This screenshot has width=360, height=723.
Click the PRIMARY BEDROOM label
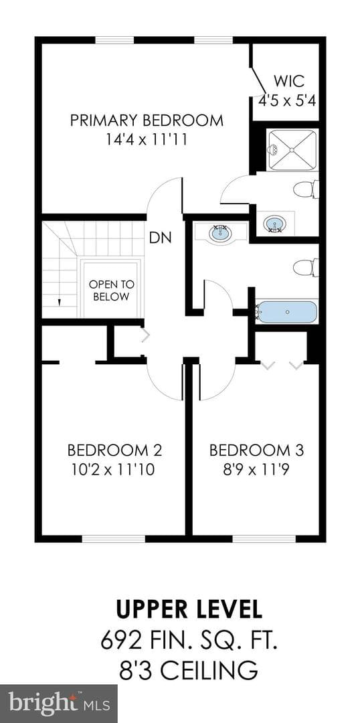[x=147, y=120]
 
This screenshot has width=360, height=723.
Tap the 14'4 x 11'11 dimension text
[x=147, y=139]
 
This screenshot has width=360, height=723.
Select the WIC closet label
[x=288, y=81]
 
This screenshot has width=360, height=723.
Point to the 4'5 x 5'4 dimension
[x=286, y=100]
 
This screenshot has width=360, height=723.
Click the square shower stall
[x=292, y=151]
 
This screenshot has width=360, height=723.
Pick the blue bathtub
[x=286, y=312]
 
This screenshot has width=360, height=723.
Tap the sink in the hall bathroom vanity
[x=220, y=234]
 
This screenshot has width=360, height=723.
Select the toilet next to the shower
[x=306, y=189]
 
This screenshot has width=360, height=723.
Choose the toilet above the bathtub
[x=306, y=267]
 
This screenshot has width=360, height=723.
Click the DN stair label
[x=161, y=238]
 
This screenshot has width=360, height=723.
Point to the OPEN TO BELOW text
[x=109, y=291]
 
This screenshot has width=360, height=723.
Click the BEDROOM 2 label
[x=115, y=450]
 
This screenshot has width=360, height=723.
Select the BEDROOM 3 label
[x=257, y=450]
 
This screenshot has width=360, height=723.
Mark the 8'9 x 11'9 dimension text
[x=257, y=470]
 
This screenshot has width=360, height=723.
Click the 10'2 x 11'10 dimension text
[x=113, y=470]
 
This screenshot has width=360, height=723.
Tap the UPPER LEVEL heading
[x=189, y=609]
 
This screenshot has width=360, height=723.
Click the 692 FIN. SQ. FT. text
[x=189, y=641]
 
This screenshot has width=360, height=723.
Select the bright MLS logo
[x=58, y=704]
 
